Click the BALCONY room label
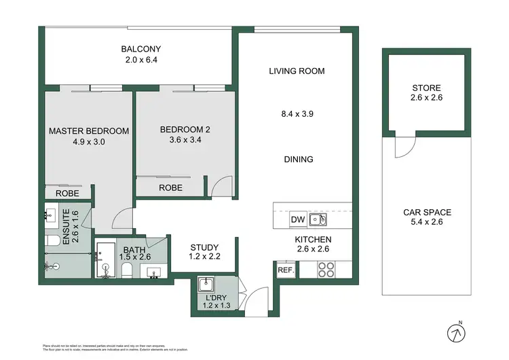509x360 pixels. pyautogui.click(x=140, y=49)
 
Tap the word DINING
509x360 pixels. pyautogui.click(x=298, y=160)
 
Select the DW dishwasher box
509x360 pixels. pyautogui.click(x=297, y=219)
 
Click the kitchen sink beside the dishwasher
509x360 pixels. pyautogui.click(x=318, y=219)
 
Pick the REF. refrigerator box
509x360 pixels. pyautogui.click(x=285, y=270)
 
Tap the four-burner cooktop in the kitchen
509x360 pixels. pyautogui.click(x=326, y=270)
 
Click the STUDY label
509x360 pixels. pyautogui.click(x=203, y=247)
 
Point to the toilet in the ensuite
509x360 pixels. pyautogui.click(x=53, y=240)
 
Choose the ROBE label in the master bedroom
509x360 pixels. pyautogui.click(x=68, y=194)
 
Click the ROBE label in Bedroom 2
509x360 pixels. pyautogui.click(x=170, y=187)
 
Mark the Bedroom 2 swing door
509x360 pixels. pyautogui.click(x=219, y=186)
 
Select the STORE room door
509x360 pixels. pyautogui.click(x=404, y=145)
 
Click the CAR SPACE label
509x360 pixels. pyautogui.click(x=426, y=213)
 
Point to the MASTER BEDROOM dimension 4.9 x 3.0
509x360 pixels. pyautogui.click(x=88, y=142)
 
